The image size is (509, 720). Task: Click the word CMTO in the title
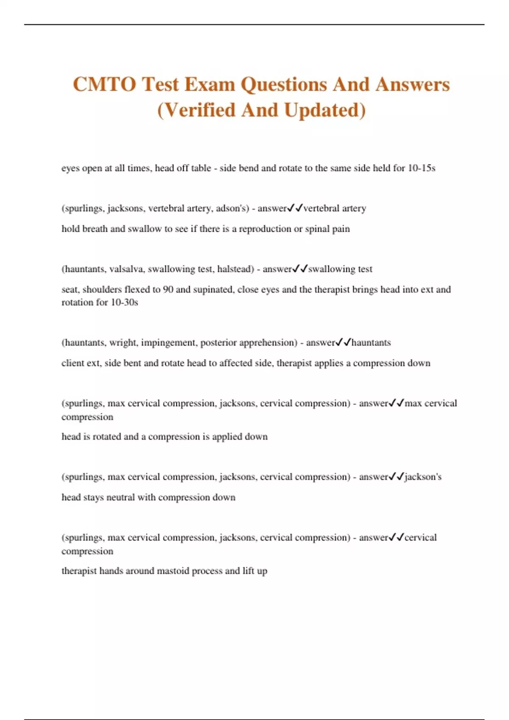pos(104,84)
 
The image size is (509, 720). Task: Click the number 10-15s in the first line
pos(421,168)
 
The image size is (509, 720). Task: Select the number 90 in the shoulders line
pos(168,290)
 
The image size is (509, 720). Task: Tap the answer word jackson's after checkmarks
pos(423,477)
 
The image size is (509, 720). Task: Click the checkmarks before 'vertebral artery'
pos(295,208)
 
